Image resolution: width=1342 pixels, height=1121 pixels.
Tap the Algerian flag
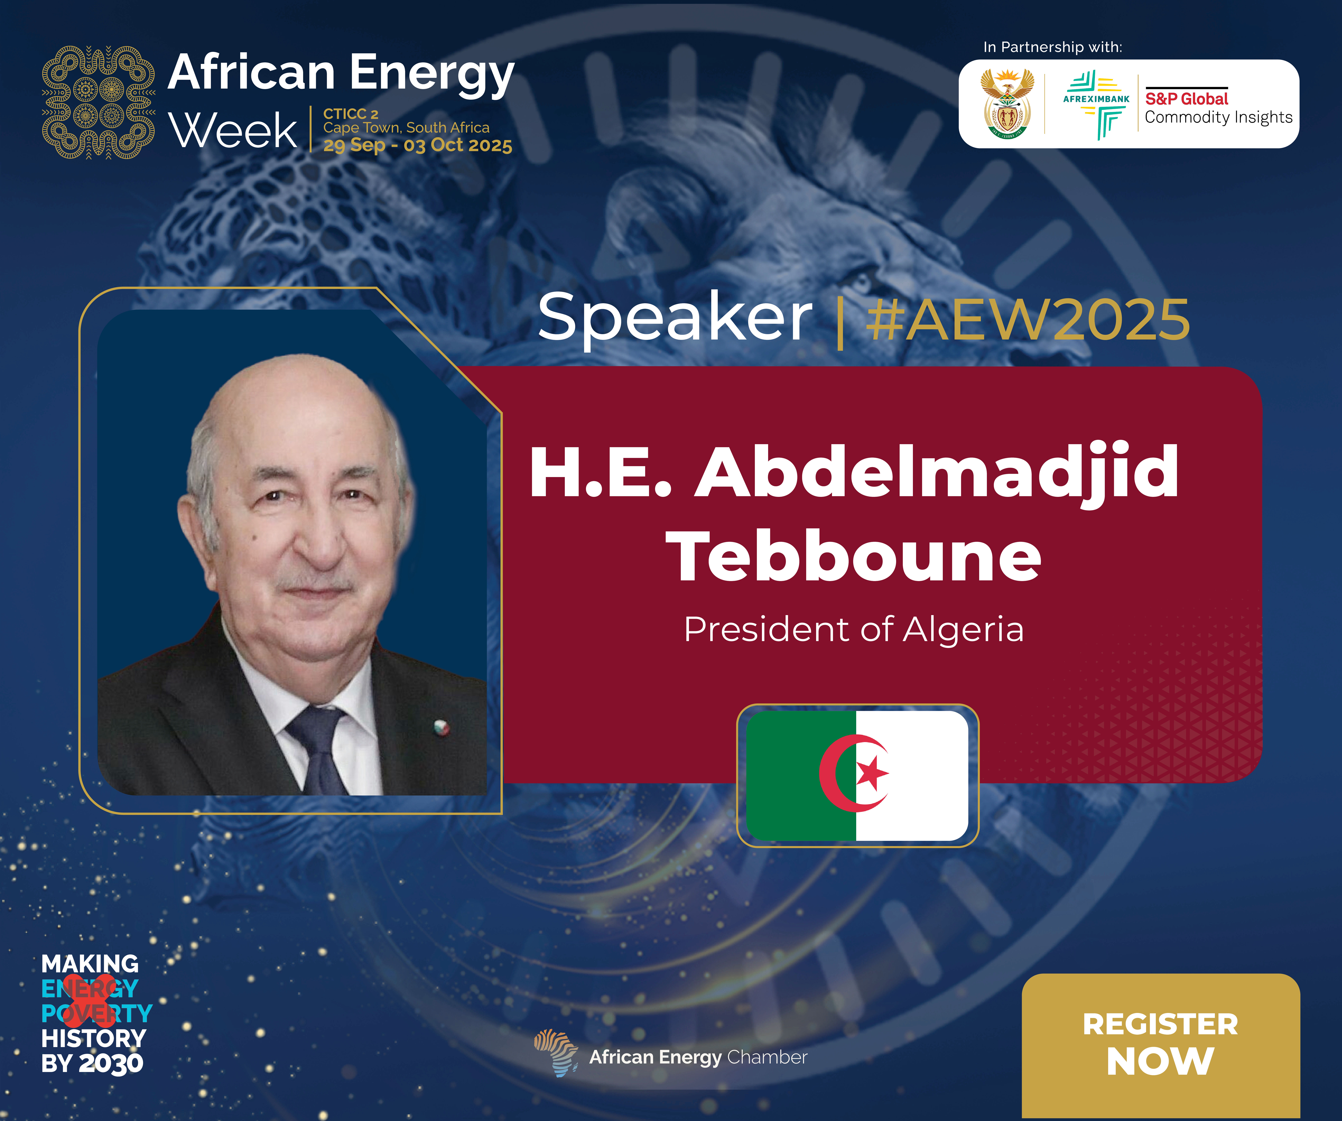click(x=857, y=775)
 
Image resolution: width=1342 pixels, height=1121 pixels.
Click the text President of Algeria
click(x=854, y=630)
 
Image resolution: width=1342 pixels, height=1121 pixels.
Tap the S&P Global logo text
click(x=1187, y=98)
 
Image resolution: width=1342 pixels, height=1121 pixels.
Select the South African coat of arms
click(x=1008, y=103)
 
